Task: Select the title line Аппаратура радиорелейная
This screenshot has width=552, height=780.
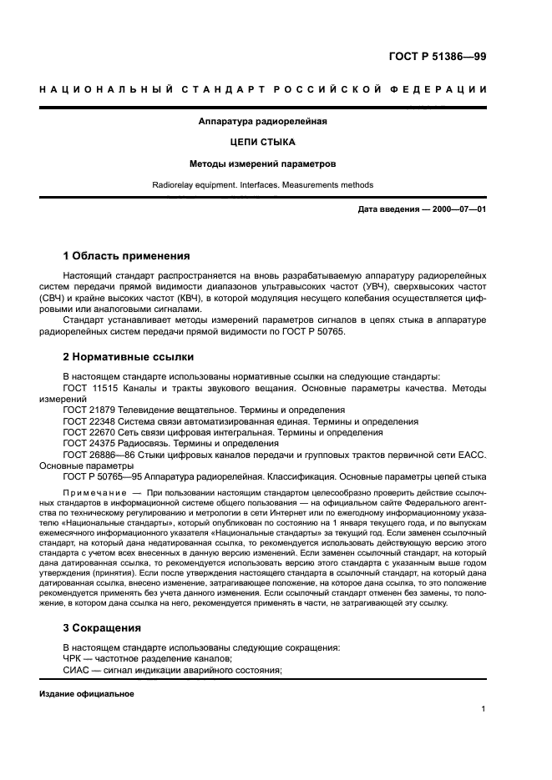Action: pos(262,121)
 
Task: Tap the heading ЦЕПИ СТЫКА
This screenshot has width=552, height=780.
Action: pos(262,142)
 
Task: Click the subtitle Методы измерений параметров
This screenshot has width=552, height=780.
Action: pos(262,164)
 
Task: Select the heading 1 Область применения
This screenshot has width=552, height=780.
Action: pos(127,255)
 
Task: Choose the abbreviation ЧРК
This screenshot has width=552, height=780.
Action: pos(73,658)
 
